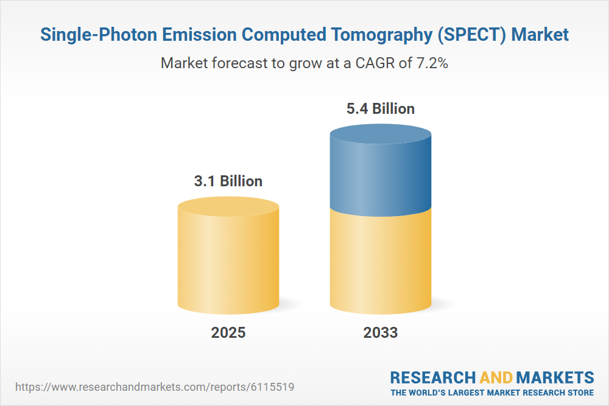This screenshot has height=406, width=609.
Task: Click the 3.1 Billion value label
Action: tap(228, 181)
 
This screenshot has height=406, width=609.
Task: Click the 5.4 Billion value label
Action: tap(381, 109)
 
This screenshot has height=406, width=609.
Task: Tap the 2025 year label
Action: tap(228, 332)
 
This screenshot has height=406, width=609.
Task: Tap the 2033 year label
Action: tap(381, 332)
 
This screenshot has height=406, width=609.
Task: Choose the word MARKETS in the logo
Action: tap(556, 377)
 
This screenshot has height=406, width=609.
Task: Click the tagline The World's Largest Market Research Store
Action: tap(492, 393)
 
